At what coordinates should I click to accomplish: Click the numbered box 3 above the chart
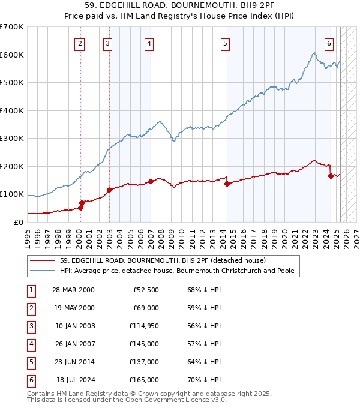[107, 43]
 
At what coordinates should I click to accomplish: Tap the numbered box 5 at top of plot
[224, 43]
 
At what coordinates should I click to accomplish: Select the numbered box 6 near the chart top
[329, 43]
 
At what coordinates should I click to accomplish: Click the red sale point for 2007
[151, 181]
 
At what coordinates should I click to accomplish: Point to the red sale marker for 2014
[227, 184]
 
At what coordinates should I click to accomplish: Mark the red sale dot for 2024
[331, 176]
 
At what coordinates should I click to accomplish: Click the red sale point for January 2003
[109, 190]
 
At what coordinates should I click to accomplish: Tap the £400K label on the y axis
[12, 110]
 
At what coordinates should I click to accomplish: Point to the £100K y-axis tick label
[12, 194]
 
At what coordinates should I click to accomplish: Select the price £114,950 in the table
[144, 326]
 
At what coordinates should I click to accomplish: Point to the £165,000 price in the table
[144, 380]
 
